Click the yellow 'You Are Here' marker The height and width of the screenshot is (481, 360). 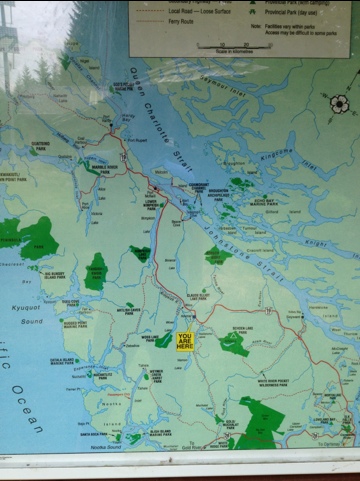[x=186, y=341]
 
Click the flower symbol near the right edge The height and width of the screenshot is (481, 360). [x=339, y=103]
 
